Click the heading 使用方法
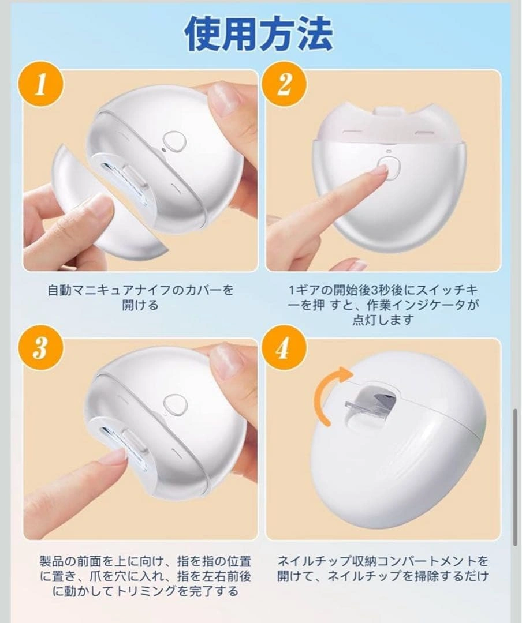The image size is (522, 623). (x=258, y=34)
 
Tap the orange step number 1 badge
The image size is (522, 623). (x=40, y=85)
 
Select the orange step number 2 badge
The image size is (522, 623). (x=284, y=84)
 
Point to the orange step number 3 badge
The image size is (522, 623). (x=40, y=348)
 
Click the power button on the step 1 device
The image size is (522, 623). (x=174, y=141)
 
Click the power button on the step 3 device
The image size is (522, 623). (x=175, y=404)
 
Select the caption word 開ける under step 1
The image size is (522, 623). (x=140, y=305)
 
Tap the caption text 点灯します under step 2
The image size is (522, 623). (x=383, y=320)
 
